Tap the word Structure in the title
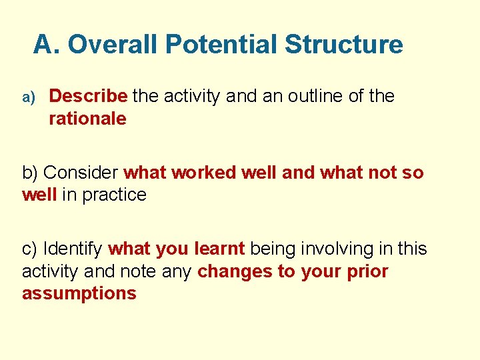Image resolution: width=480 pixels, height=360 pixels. click(x=343, y=45)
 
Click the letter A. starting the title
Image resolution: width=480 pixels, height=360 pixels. click(x=47, y=45)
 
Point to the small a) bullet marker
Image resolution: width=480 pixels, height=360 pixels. click(x=28, y=97)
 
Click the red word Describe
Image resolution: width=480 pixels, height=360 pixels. click(x=88, y=96)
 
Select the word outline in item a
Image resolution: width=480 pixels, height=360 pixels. click(x=311, y=96)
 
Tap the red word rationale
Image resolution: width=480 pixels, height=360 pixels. click(x=87, y=119)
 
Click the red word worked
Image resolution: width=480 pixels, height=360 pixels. click(x=204, y=173)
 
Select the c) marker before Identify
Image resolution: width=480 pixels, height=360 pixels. click(x=30, y=249)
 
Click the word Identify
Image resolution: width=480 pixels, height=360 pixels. click(x=73, y=249)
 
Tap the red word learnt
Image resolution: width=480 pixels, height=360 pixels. click(x=220, y=249)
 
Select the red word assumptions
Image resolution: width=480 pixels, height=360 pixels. click(x=79, y=294)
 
